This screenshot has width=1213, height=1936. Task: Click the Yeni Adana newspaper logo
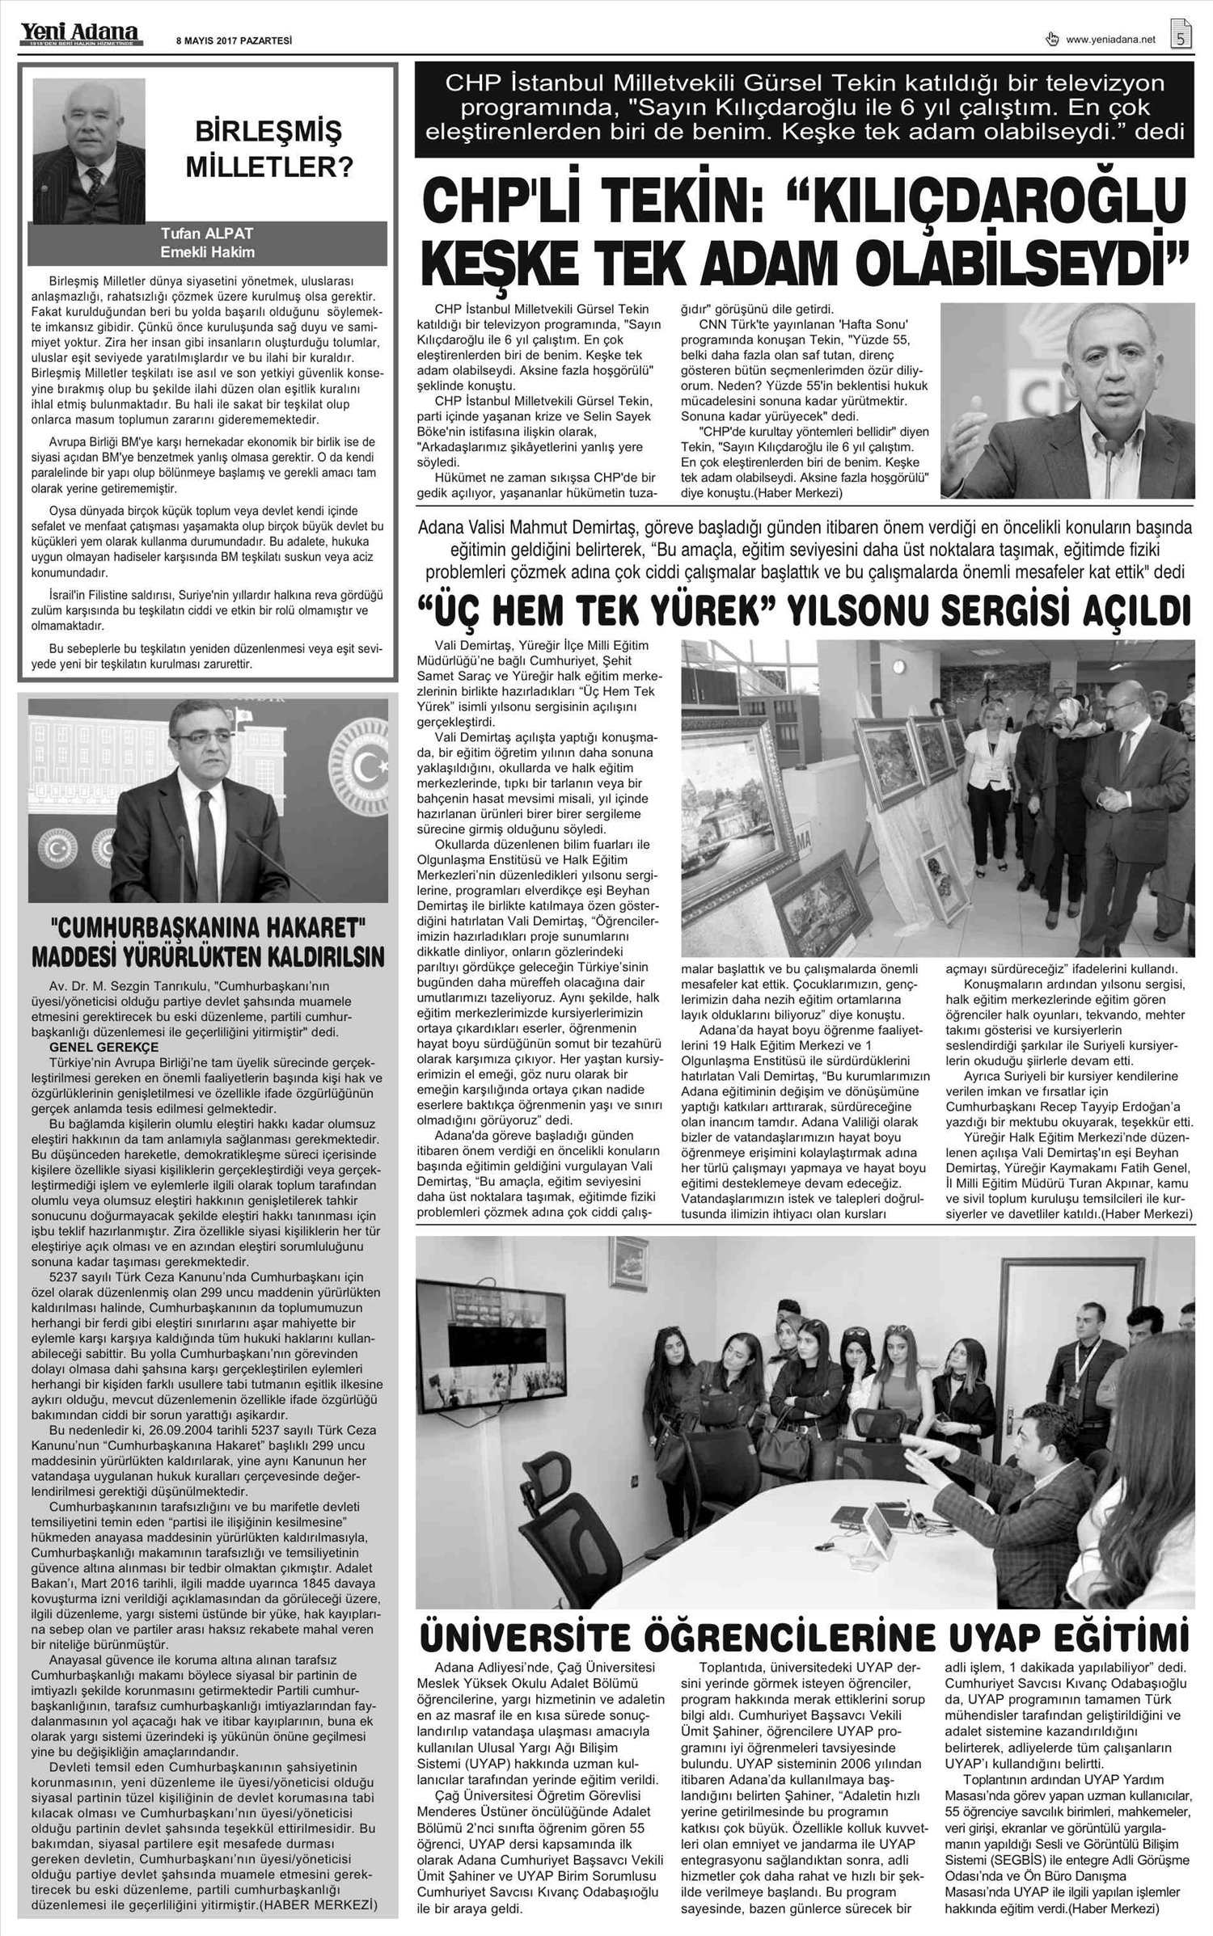80,33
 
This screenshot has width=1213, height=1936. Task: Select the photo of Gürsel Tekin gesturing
1067,399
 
